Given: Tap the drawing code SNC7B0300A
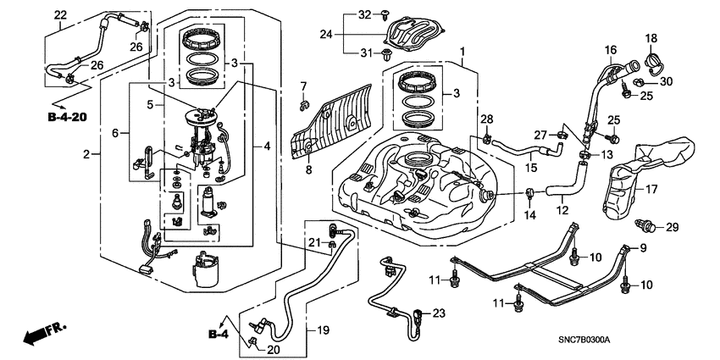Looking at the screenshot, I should pos(667,340).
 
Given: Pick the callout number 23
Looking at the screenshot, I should pos(439,313).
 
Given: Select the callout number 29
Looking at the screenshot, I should pos(672,227).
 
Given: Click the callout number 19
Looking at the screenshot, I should pos(323,330).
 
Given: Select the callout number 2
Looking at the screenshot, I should pos(86,154).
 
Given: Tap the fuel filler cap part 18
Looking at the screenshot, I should pos(652,64).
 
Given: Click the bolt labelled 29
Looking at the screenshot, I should pos(647,226).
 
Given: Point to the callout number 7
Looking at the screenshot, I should pos(303,86).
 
